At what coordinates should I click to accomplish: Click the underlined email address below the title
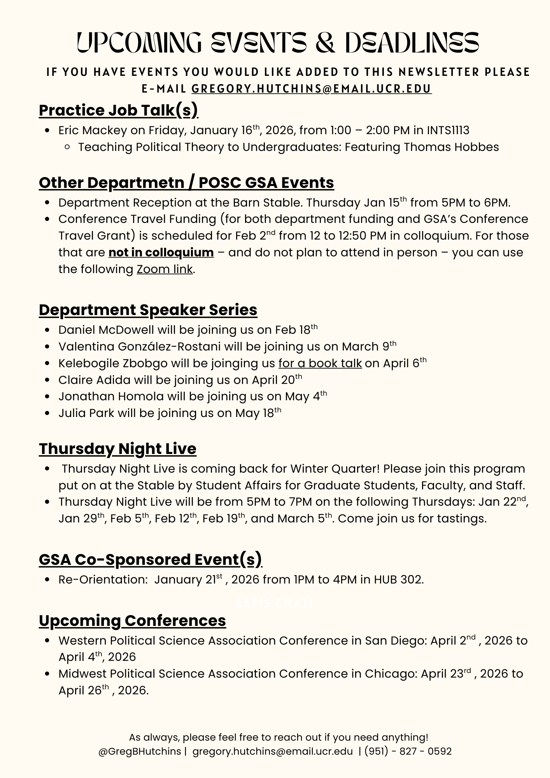pyautogui.click(x=311, y=89)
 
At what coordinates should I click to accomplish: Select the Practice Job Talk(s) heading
pyautogui.click(x=118, y=110)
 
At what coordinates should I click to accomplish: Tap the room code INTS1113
pyautogui.click(x=448, y=130)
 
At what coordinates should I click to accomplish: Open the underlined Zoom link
pyautogui.click(x=165, y=269)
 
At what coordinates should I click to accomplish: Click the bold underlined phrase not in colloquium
pyautogui.click(x=161, y=252)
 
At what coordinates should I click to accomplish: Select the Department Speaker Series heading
pyautogui.click(x=148, y=310)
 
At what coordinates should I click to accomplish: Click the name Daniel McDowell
pyautogui.click(x=106, y=330)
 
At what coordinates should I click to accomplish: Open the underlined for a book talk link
pyautogui.click(x=320, y=363)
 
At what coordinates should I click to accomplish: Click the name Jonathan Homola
pyautogui.click(x=111, y=396)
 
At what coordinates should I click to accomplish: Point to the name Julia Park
pyautogui.click(x=86, y=413)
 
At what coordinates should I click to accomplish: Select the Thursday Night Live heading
pyautogui.click(x=117, y=449)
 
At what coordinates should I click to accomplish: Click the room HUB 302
pyautogui.click(x=398, y=580)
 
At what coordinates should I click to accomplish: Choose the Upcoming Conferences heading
pyautogui.click(x=132, y=620)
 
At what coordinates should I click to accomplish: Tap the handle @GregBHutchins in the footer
pyautogui.click(x=140, y=751)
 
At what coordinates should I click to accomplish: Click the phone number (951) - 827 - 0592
pyautogui.click(x=408, y=751)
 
